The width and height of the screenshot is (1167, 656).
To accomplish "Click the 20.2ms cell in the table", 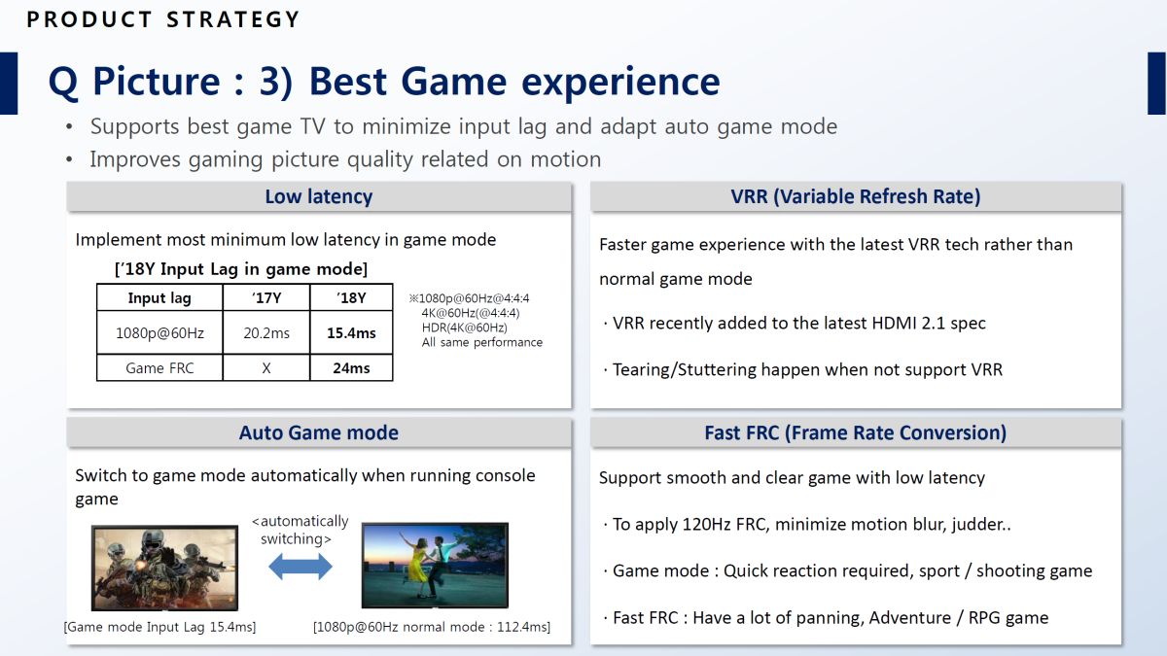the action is [266, 332].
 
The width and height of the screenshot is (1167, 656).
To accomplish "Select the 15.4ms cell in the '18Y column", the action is [351, 332].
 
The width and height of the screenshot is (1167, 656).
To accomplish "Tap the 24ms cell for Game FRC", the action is [351, 368].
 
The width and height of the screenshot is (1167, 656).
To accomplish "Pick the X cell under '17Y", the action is [266, 368].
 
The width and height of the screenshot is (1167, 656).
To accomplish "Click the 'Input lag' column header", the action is [159, 297].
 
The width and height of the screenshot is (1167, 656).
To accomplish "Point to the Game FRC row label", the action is [159, 368].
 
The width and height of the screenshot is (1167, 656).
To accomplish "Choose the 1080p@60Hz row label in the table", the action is [159, 332].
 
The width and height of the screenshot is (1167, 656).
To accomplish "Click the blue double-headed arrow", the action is [301, 567].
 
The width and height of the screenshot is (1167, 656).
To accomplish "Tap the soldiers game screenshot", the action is [164, 568].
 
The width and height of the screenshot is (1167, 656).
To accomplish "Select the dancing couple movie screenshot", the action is [435, 566].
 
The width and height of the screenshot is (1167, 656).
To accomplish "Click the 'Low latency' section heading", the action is [319, 196].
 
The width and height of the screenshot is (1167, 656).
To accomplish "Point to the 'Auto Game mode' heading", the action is [319, 432].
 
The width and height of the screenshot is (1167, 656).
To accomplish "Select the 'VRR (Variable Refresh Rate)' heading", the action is [856, 196].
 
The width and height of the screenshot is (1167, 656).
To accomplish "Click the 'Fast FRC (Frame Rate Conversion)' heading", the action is [856, 432].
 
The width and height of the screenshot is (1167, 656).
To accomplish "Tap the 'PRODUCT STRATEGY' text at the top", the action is [163, 19].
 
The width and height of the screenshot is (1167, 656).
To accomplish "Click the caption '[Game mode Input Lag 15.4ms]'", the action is [159, 627].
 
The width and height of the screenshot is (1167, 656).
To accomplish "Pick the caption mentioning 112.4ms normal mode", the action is [432, 627].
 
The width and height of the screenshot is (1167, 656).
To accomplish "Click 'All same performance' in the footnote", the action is [482, 342].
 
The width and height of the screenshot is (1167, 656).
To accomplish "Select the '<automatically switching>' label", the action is [301, 530].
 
